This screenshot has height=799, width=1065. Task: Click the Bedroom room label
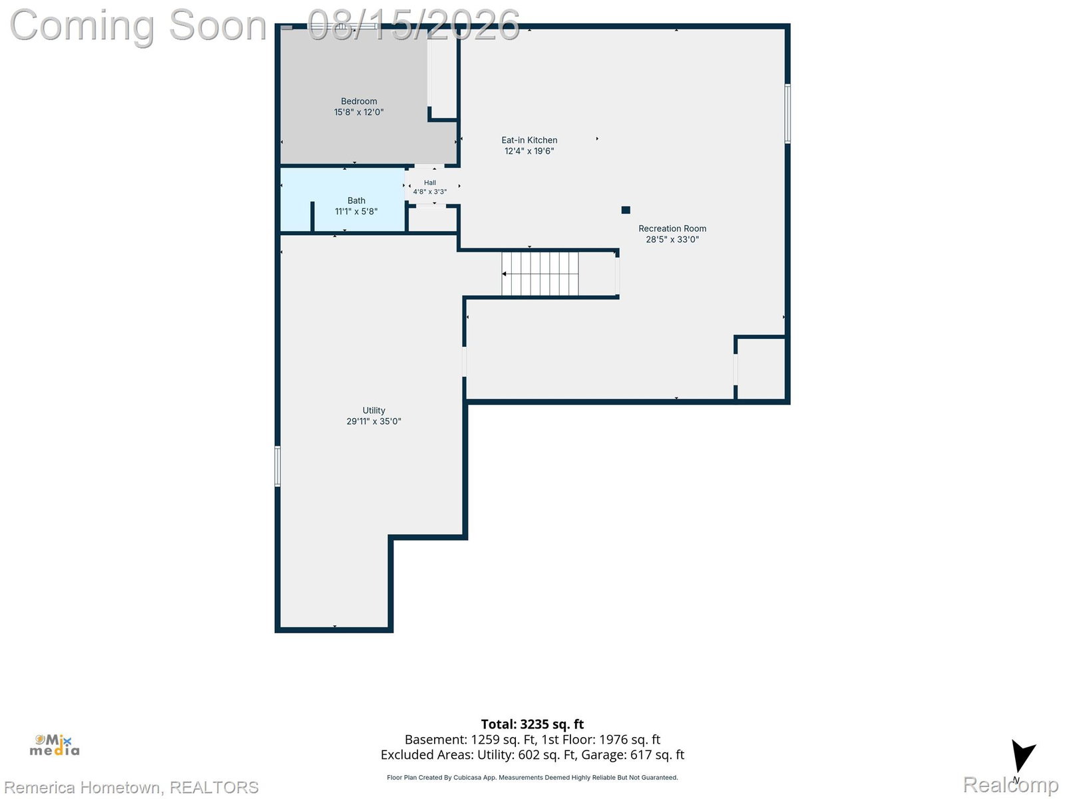(359, 101)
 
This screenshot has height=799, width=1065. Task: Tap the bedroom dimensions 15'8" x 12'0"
(359, 112)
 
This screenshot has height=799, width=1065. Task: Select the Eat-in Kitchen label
(529, 140)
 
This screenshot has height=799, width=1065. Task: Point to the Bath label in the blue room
(356, 200)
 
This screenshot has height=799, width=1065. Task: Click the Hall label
(430, 183)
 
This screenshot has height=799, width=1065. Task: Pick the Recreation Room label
(672, 228)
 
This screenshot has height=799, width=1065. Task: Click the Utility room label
(373, 410)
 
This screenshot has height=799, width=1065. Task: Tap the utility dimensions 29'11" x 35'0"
(373, 421)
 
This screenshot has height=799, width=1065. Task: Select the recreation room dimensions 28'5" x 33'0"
(672, 239)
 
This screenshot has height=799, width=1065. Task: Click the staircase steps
(540, 274)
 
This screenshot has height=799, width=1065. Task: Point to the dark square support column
(626, 210)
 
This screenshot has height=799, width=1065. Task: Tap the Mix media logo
(55, 745)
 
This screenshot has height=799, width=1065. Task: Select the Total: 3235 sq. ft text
(532, 724)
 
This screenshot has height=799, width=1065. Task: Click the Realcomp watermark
(1010, 785)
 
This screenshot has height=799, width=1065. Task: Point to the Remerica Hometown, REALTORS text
(131, 787)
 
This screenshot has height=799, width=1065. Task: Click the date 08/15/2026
(413, 25)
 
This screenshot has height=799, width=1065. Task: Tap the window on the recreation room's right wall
(787, 113)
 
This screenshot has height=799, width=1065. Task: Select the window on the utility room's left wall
(278, 466)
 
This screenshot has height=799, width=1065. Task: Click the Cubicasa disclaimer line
(532, 778)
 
